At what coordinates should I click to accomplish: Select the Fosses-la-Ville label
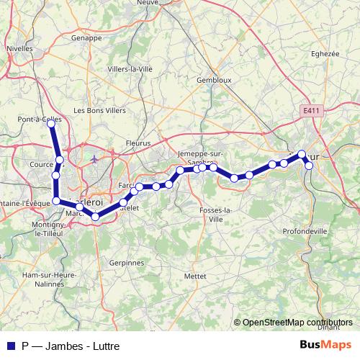click(215, 214)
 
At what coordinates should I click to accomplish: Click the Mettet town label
click(194, 275)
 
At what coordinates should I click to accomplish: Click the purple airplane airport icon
click(94, 158)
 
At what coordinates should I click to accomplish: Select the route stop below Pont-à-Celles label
click(51, 124)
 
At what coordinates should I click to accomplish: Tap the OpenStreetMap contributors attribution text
click(297, 323)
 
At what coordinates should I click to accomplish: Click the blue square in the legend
click(9, 346)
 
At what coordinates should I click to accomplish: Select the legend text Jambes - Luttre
click(73, 346)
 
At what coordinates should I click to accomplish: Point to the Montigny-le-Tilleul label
click(50, 230)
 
